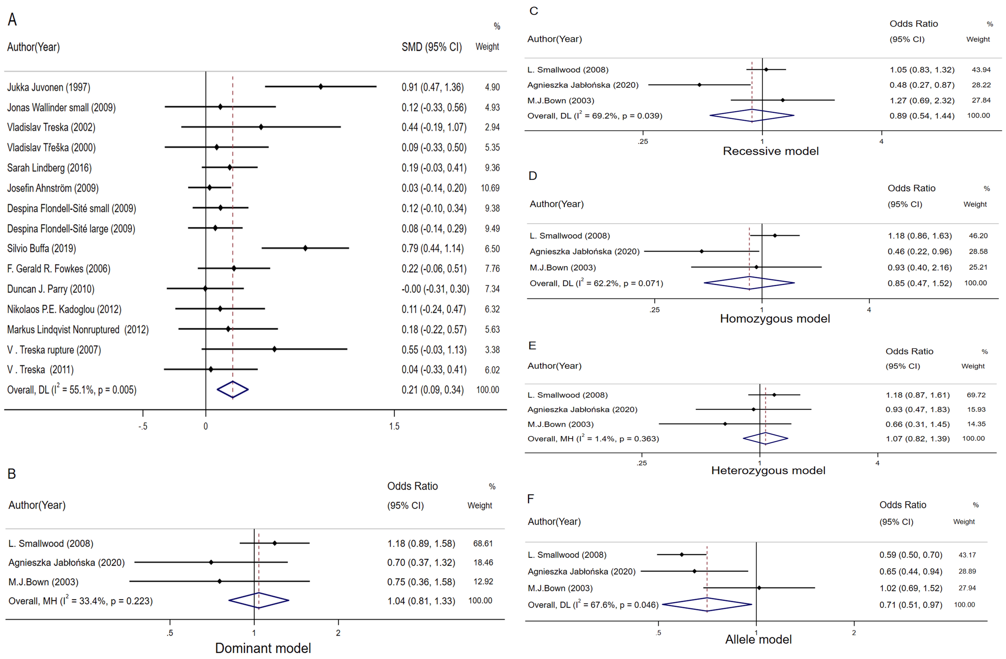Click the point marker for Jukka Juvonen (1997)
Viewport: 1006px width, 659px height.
[321, 87]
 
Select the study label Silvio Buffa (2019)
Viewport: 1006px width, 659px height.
[41, 248]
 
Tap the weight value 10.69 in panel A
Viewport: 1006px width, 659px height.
[490, 188]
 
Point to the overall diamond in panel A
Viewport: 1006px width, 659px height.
[233, 390]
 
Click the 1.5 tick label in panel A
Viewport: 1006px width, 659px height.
[394, 426]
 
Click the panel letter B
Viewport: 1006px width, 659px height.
[12, 474]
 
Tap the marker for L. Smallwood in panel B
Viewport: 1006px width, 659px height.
[275, 543]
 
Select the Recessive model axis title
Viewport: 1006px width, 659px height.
[771, 151]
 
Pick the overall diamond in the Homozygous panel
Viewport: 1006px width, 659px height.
[749, 283]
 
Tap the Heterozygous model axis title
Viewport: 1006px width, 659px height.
[768, 470]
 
